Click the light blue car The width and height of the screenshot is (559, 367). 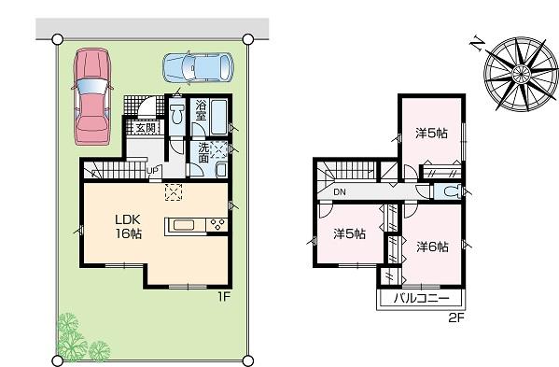pos(195,67)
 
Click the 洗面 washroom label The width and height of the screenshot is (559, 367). pos(203,152)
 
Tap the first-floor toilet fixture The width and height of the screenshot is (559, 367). pos(177,117)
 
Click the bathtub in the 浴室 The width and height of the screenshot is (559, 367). pos(219,117)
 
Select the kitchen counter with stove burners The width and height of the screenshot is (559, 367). pos(196,224)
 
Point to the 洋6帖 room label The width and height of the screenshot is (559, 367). pos(432,247)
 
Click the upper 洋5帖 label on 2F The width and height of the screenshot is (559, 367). pos(430,133)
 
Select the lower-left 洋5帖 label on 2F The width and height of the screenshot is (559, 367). pos(349,233)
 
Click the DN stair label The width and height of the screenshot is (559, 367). pos(340,192)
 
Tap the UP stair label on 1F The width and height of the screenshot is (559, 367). pos(152,169)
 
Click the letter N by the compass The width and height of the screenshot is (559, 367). pos(477,44)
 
